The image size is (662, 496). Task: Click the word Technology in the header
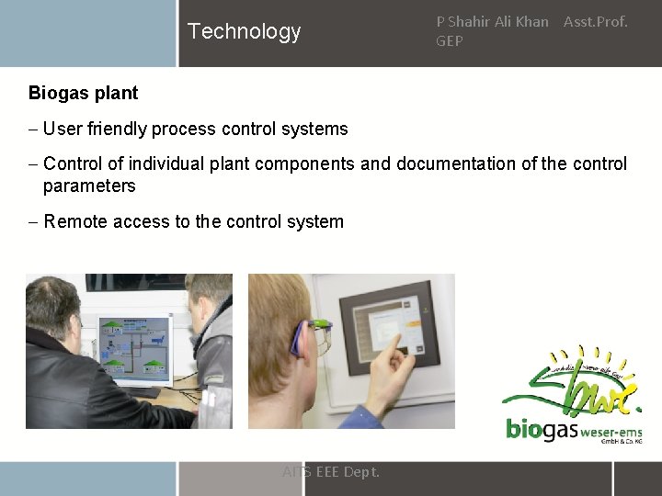pyautogui.click(x=244, y=31)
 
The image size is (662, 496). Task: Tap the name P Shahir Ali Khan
pyautogui.click(x=492, y=21)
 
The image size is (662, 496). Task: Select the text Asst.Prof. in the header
pyautogui.click(x=595, y=21)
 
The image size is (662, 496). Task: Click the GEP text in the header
pyautogui.click(x=449, y=41)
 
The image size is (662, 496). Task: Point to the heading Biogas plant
pyautogui.click(x=83, y=93)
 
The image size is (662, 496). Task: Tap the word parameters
pyautogui.click(x=89, y=186)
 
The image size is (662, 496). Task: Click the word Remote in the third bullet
pyautogui.click(x=74, y=221)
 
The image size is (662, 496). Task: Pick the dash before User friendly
pyautogui.click(x=33, y=129)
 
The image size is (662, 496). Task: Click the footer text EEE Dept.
pyautogui.click(x=347, y=472)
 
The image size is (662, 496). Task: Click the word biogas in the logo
pyautogui.click(x=541, y=429)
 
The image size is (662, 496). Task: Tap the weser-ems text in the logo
pyautogui.click(x=611, y=429)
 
